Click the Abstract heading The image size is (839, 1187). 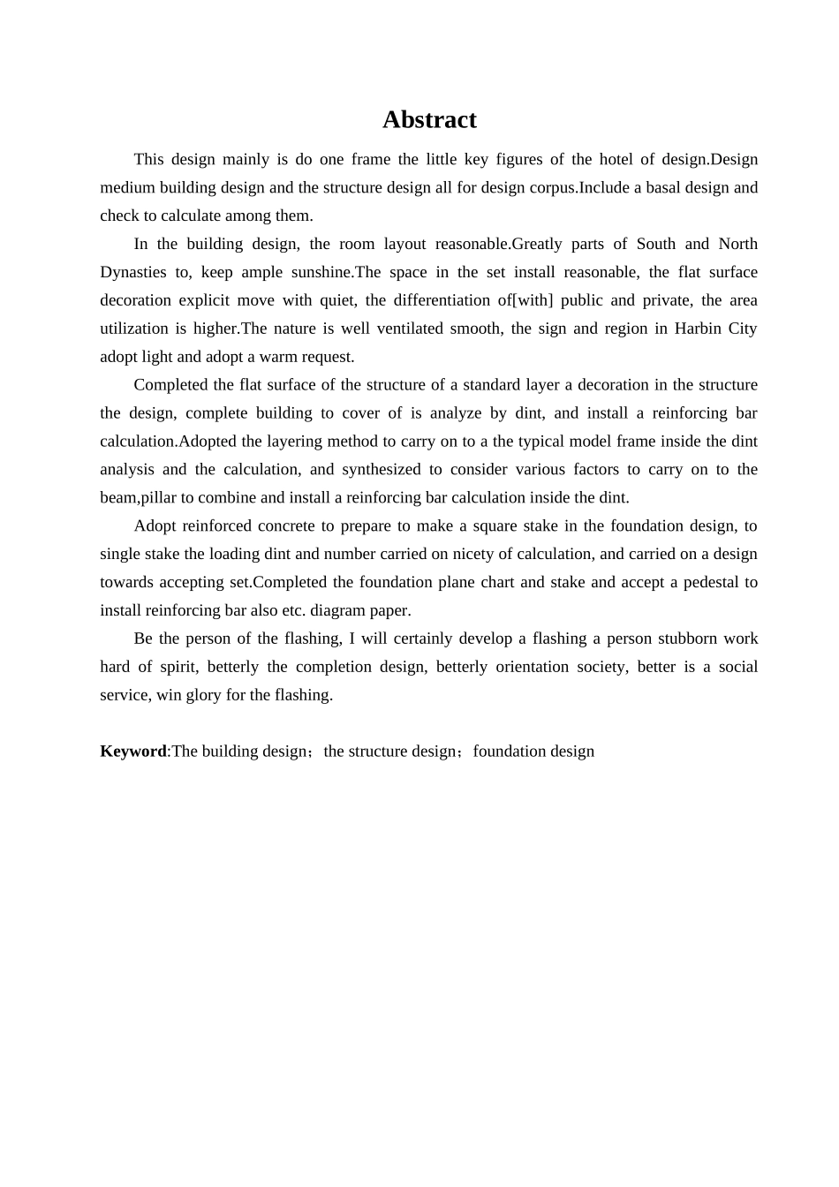(429, 120)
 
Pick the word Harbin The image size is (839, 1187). (697, 329)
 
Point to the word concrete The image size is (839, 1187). (285, 526)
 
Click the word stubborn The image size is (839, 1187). (685, 639)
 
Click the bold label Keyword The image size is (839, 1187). (133, 752)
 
